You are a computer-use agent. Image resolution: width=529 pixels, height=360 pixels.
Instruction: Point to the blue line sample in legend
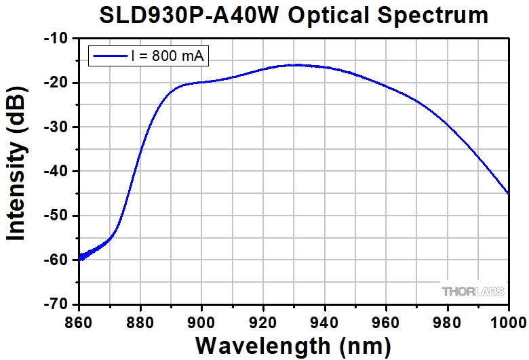click(x=110, y=56)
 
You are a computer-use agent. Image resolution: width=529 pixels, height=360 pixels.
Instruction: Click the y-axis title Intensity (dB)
click(x=16, y=172)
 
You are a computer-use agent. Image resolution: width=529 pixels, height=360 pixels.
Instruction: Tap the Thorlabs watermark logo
click(x=473, y=292)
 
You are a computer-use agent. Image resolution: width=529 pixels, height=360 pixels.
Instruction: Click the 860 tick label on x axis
click(x=79, y=319)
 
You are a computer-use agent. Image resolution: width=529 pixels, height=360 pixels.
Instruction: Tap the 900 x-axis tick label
click(x=202, y=319)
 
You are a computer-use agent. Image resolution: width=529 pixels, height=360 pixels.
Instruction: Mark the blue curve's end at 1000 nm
click(x=509, y=194)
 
